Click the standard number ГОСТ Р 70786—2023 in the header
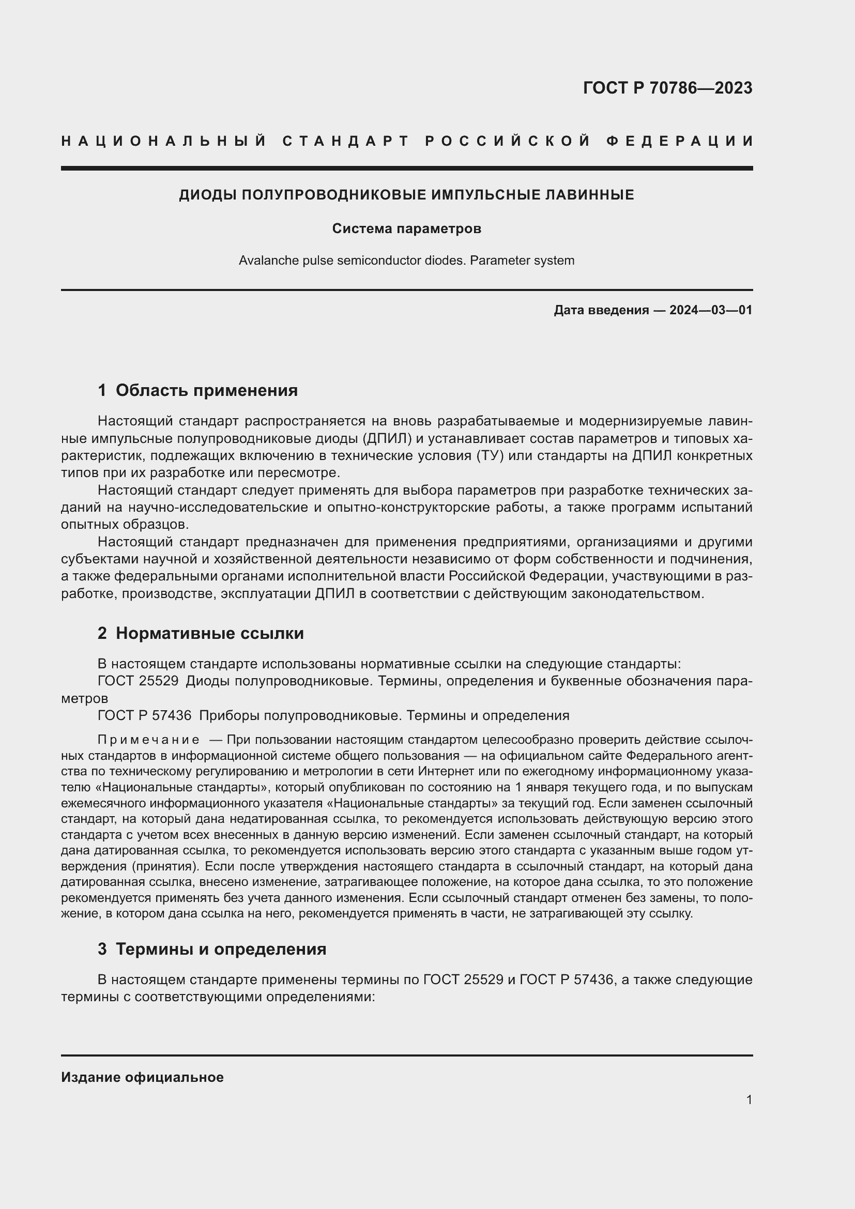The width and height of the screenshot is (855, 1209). click(x=667, y=87)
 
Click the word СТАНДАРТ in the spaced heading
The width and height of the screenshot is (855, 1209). click(x=346, y=141)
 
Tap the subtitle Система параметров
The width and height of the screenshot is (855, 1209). click(x=406, y=228)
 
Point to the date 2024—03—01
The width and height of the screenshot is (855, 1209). click(x=711, y=310)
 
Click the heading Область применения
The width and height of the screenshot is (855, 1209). click(x=206, y=390)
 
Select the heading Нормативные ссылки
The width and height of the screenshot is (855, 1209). click(x=209, y=633)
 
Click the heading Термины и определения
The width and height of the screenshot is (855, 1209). click(x=221, y=949)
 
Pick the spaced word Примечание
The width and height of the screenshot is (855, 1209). click(x=148, y=740)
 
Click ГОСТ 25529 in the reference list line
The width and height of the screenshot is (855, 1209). click(x=138, y=681)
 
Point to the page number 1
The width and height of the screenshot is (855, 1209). click(x=749, y=1099)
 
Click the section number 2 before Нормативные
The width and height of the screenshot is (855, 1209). click(x=102, y=633)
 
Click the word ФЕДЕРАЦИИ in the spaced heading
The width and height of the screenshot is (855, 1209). click(x=680, y=141)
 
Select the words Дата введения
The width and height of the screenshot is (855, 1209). click(x=601, y=310)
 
